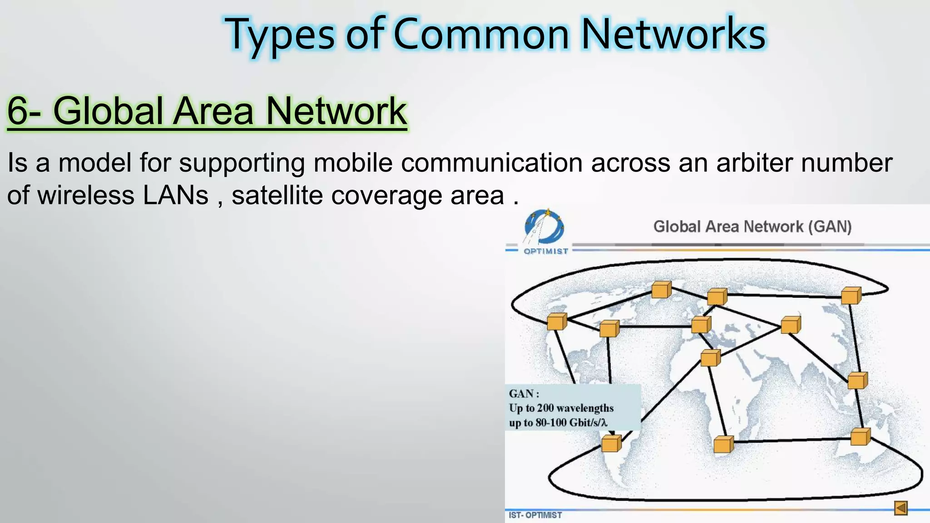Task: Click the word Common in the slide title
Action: tap(481, 35)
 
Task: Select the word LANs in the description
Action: tap(176, 195)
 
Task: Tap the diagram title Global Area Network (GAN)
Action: tap(752, 226)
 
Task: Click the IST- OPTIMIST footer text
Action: tap(535, 515)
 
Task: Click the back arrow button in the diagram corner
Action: tap(901, 508)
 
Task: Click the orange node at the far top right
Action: tap(851, 296)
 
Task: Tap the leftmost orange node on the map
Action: tap(557, 322)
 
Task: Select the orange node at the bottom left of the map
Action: tap(611, 444)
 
